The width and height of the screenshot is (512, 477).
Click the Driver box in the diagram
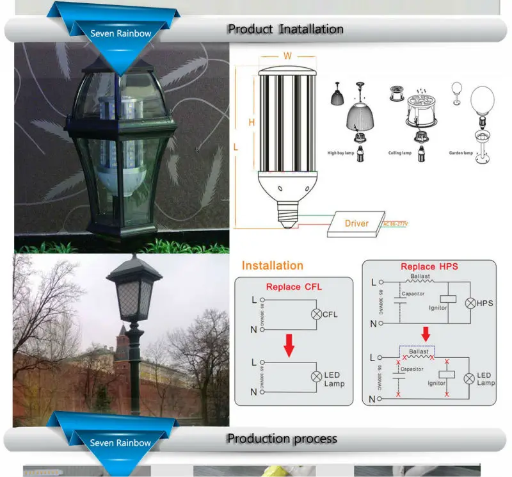[x=356, y=223]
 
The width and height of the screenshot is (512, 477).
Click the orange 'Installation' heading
[x=272, y=265]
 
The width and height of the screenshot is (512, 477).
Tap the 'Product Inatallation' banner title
[x=285, y=29]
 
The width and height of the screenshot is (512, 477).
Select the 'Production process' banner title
[x=282, y=439]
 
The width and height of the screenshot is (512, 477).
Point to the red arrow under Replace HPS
[x=425, y=334]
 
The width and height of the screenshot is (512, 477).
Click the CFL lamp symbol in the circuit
[x=315, y=314]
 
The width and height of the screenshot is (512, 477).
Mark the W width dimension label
[x=287, y=56]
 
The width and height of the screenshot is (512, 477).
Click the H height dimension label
[x=252, y=122]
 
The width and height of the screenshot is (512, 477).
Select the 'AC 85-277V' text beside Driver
[x=396, y=223]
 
